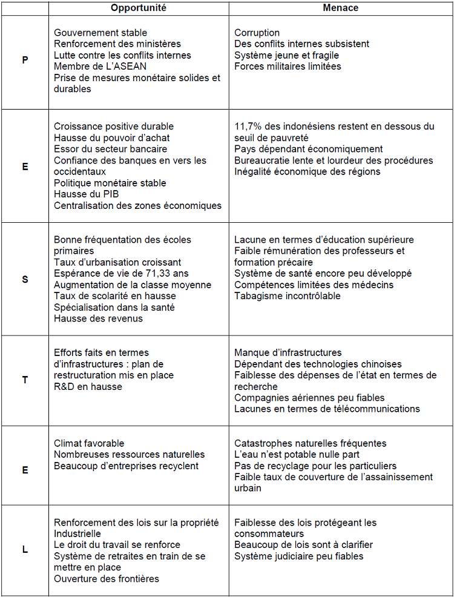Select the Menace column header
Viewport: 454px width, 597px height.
click(340, 8)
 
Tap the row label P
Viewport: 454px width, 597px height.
click(25, 61)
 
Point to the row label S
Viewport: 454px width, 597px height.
click(25, 280)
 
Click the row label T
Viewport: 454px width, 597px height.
click(25, 380)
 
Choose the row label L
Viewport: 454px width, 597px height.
click(25, 550)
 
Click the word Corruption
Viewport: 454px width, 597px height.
click(257, 33)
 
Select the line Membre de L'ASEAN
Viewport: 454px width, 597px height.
click(100, 67)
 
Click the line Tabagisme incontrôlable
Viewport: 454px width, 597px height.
click(288, 296)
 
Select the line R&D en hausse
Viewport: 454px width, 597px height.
click(88, 386)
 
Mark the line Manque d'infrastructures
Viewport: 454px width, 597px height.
click(288, 352)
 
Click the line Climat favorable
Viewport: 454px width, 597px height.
click(89, 443)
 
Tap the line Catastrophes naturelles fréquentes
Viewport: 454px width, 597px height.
click(310, 443)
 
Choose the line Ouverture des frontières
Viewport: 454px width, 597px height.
click(107, 579)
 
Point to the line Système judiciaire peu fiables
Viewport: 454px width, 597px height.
click(299, 556)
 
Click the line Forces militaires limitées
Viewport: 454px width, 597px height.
click(288, 67)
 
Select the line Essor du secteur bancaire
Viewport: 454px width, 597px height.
click(110, 149)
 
